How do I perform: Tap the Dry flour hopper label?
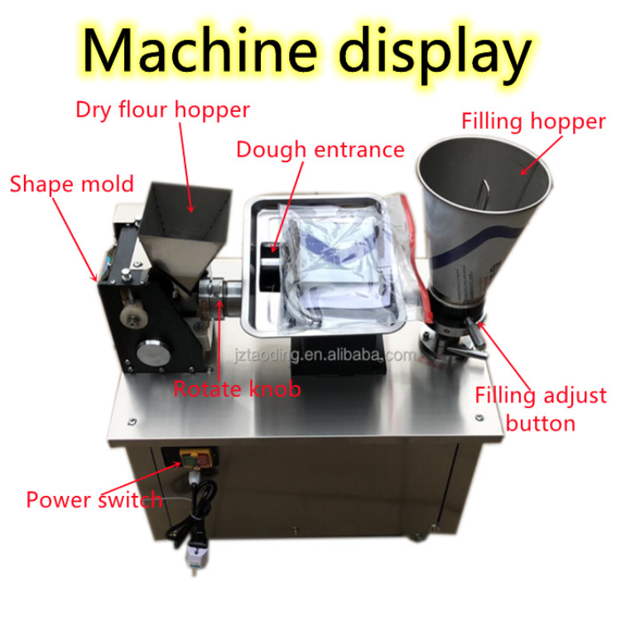click(x=162, y=108)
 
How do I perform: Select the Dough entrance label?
click(x=320, y=150)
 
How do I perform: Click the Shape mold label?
click(x=59, y=183)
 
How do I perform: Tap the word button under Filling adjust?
click(x=541, y=424)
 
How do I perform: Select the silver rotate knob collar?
click(x=218, y=291)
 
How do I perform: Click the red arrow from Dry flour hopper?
click(x=186, y=166)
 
